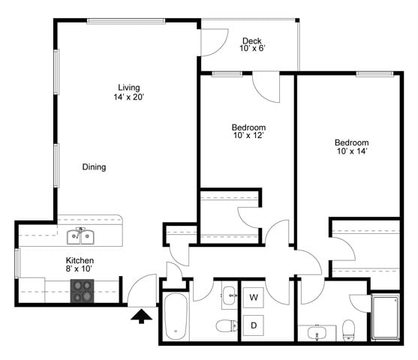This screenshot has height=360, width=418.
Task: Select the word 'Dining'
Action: click(x=94, y=167)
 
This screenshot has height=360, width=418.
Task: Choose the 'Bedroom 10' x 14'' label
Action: click(x=351, y=147)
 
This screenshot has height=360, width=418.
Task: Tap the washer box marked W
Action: click(x=254, y=298)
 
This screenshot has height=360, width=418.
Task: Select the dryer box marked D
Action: click(x=254, y=326)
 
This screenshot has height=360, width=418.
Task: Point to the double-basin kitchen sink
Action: click(x=80, y=237)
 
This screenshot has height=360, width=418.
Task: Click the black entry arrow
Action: click(x=140, y=318)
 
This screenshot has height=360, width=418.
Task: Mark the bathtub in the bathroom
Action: click(x=175, y=315)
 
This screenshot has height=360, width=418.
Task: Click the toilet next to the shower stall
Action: click(x=348, y=328)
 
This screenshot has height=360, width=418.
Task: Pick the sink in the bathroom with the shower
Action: click(x=316, y=331)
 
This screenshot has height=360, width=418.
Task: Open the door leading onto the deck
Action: click(x=213, y=41)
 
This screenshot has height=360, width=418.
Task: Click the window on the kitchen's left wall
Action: click(x=17, y=265)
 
